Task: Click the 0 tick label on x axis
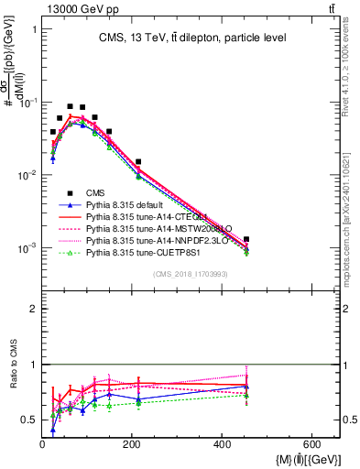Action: point(42,445)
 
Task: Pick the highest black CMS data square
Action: point(71,106)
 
